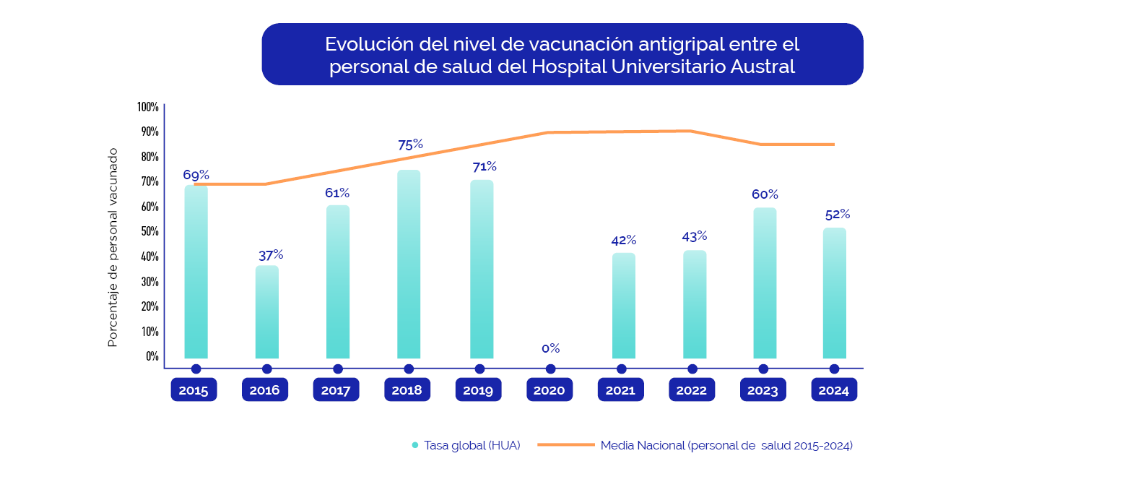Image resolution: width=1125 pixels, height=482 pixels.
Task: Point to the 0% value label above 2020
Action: [x=551, y=348]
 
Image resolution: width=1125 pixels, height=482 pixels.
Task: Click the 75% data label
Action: [x=410, y=145]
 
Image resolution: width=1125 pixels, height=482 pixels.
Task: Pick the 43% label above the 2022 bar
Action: [x=694, y=236]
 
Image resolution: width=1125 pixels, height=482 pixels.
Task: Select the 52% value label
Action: [x=837, y=214]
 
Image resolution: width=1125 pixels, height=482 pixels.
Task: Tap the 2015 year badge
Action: [x=194, y=390]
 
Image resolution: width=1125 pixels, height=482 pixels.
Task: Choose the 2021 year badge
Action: [x=620, y=390]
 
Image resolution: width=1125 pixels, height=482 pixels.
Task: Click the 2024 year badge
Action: [x=834, y=390]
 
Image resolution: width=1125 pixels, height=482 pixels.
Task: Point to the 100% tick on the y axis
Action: [x=148, y=107]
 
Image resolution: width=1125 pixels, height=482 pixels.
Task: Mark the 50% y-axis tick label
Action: [x=149, y=231]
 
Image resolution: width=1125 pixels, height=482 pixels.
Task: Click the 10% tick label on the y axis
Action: [x=149, y=331]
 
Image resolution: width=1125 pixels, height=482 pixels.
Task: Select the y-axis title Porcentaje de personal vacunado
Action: [x=113, y=247]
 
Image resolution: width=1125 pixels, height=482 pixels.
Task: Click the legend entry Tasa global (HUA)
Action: [x=472, y=445]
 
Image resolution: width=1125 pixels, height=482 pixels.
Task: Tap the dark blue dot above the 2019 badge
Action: [x=479, y=369]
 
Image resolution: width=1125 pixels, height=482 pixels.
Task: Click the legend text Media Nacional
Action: [x=642, y=445]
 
